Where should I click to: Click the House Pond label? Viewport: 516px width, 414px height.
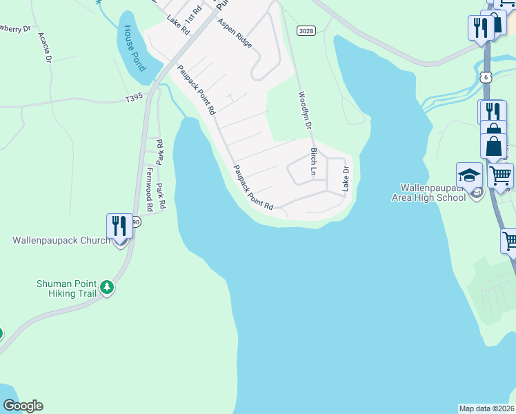pyautogui.click(x=134, y=49)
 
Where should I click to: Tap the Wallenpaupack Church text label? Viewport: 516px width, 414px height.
pyautogui.click(x=61, y=241)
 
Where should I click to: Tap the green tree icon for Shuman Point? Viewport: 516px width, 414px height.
pyautogui.click(x=106, y=286)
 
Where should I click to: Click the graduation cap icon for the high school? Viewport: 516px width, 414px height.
pyautogui.click(x=468, y=174)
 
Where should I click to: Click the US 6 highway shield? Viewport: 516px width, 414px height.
pyautogui.click(x=486, y=77)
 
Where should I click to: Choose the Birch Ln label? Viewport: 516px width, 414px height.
pyautogui.click(x=314, y=160)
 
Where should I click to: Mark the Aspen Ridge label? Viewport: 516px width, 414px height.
pyautogui.click(x=235, y=32)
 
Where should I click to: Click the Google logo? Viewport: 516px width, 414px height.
pyautogui.click(x=23, y=406)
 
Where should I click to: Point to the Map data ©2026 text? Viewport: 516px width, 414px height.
pyautogui.click(x=486, y=408)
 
